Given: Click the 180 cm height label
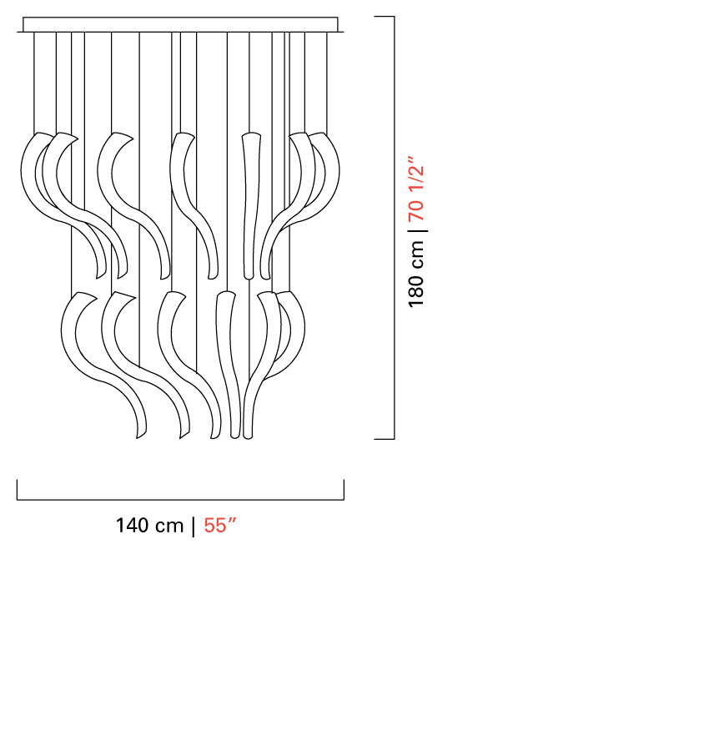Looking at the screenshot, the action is pyautogui.click(x=416, y=274).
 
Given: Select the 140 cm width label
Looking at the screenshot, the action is pyautogui.click(x=149, y=526).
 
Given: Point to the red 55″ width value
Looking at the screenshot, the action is pyautogui.click(x=220, y=526).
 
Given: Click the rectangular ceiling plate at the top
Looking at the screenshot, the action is pyautogui.click(x=180, y=25).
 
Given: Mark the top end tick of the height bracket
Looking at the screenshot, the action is pyautogui.click(x=384, y=17).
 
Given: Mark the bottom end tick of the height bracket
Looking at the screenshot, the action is pyautogui.click(x=384, y=438).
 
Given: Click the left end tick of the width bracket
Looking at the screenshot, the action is pyautogui.click(x=18, y=490).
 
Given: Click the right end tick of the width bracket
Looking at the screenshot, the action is pyautogui.click(x=344, y=490).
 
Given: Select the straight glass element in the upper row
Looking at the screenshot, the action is pyautogui.click(x=250, y=206).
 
